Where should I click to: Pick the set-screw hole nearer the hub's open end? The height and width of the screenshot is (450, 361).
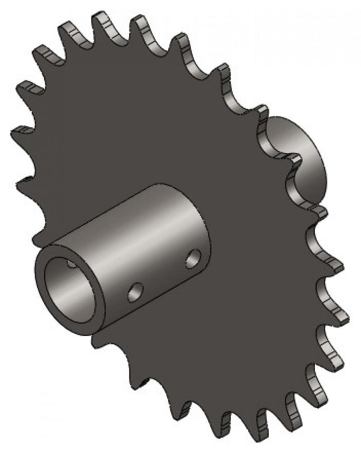pyautogui.click(x=135, y=292)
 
